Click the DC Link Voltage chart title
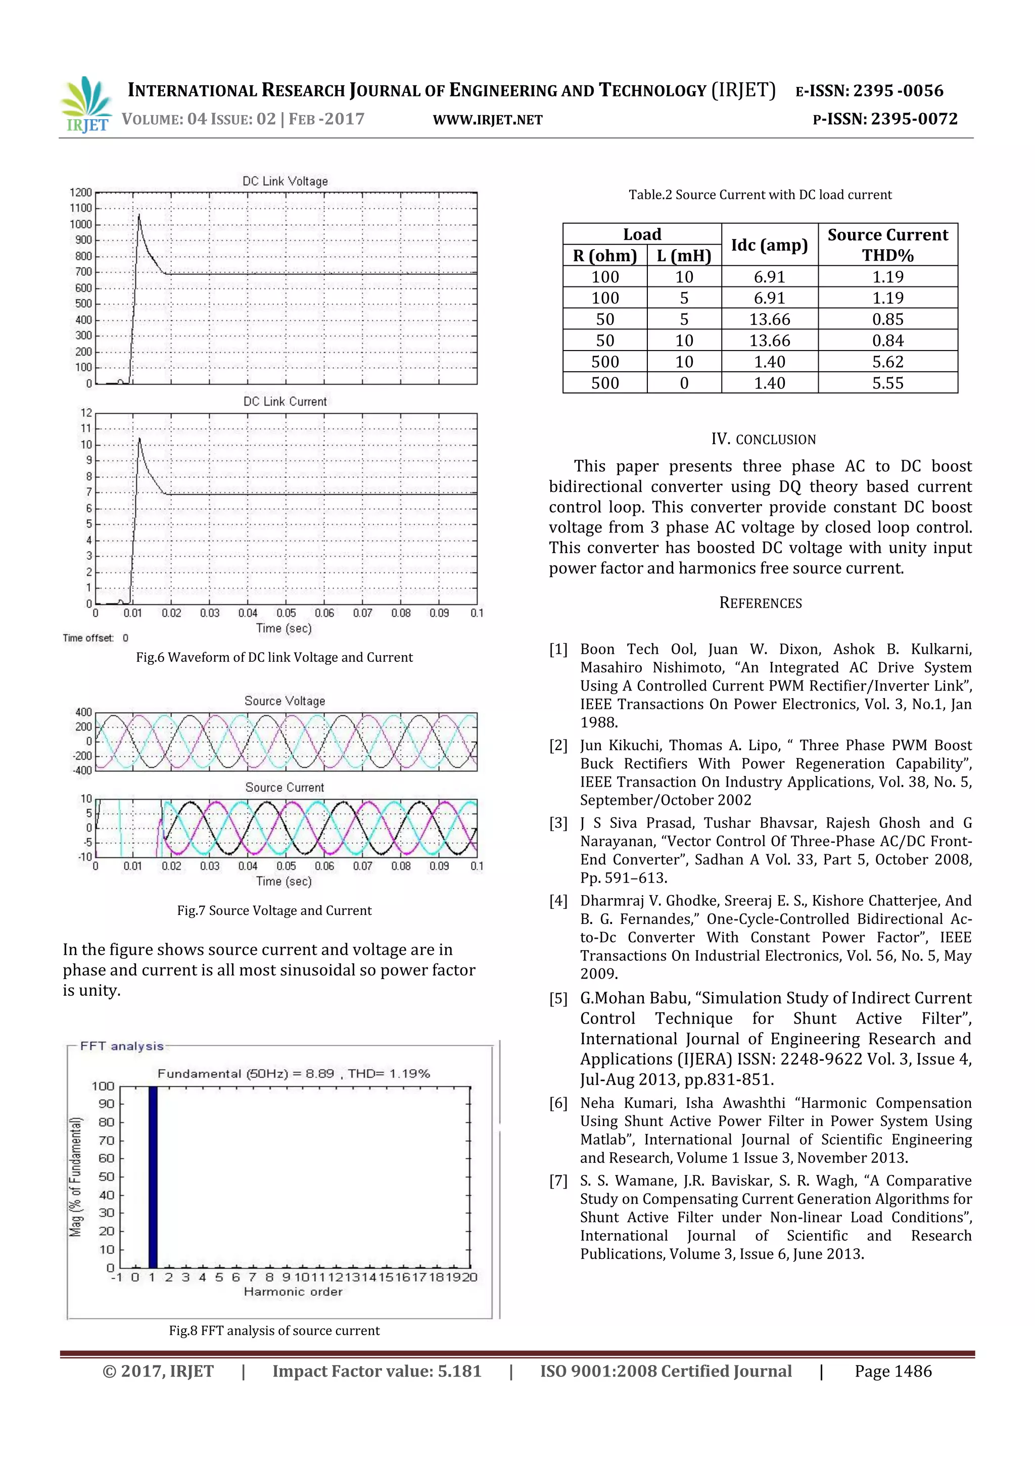pyautogui.click(x=285, y=181)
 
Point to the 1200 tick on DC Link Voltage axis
pyautogui.click(x=81, y=192)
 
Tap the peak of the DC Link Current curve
pyautogui.click(x=139, y=438)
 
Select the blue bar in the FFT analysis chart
pyautogui.click(x=152, y=1177)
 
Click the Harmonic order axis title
pyautogui.click(x=293, y=1292)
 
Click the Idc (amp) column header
pyautogui.click(x=769, y=245)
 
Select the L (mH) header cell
pyautogui.click(x=684, y=256)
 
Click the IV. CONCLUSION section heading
pyautogui.click(x=763, y=439)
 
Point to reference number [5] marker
pyautogui.click(x=558, y=998)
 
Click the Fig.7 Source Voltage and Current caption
pyautogui.click(x=274, y=910)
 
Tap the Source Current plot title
pyautogui.click(x=285, y=788)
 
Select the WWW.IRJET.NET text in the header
pyautogui.click(x=488, y=120)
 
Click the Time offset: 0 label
pyautogui.click(x=95, y=638)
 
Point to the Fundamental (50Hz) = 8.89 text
pyautogui.click(x=246, y=1074)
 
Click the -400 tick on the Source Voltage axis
pyautogui.click(x=83, y=770)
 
